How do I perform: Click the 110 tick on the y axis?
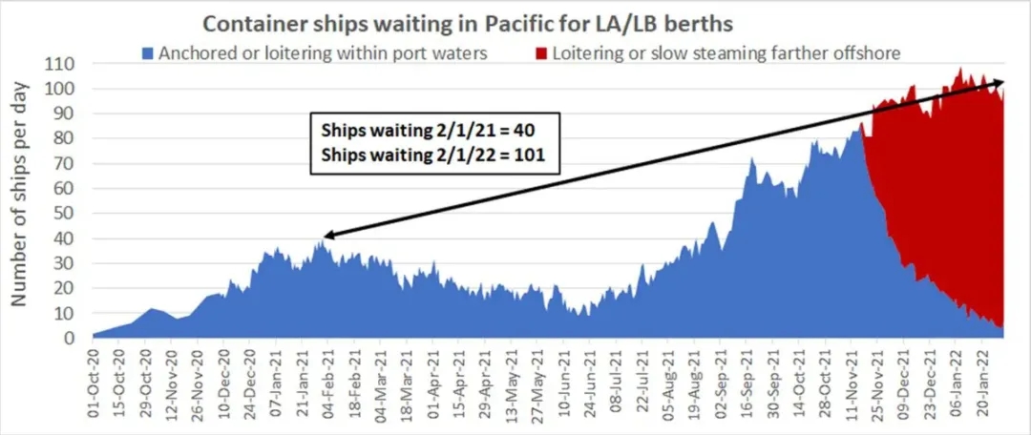pyautogui.click(x=66, y=65)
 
